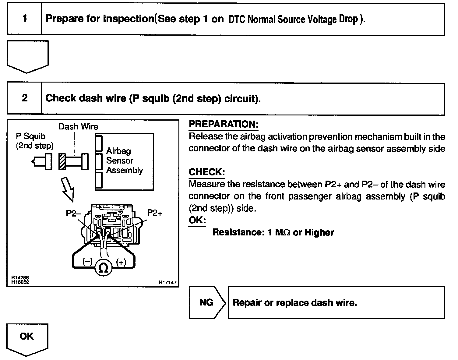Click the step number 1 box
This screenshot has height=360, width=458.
pyautogui.click(x=25, y=19)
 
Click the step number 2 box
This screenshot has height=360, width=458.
pyautogui.click(x=24, y=98)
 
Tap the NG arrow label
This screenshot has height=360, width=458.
pyautogui.click(x=206, y=302)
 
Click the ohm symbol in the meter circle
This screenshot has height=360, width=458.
pyautogui.click(x=104, y=268)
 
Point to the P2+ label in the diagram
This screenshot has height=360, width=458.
pyautogui.click(x=155, y=213)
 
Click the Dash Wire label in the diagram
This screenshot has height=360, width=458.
pyautogui.click(x=78, y=126)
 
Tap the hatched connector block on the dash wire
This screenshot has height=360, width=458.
pyautogui.click(x=62, y=161)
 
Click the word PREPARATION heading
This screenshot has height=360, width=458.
pyautogui.click(x=224, y=124)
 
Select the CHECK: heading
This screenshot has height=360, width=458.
pyautogui.click(x=207, y=172)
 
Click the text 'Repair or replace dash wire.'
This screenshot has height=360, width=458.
pyautogui.click(x=294, y=303)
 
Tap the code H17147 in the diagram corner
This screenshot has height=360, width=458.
pyautogui.click(x=167, y=283)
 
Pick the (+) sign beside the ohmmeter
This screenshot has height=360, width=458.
pyautogui.click(x=121, y=262)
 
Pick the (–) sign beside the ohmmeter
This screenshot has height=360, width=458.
pyautogui.click(x=87, y=262)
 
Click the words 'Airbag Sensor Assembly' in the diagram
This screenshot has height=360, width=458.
pyautogui.click(x=124, y=161)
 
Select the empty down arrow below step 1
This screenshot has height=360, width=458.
pyautogui.click(x=27, y=56)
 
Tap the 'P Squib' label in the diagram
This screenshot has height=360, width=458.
pyautogui.click(x=31, y=136)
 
